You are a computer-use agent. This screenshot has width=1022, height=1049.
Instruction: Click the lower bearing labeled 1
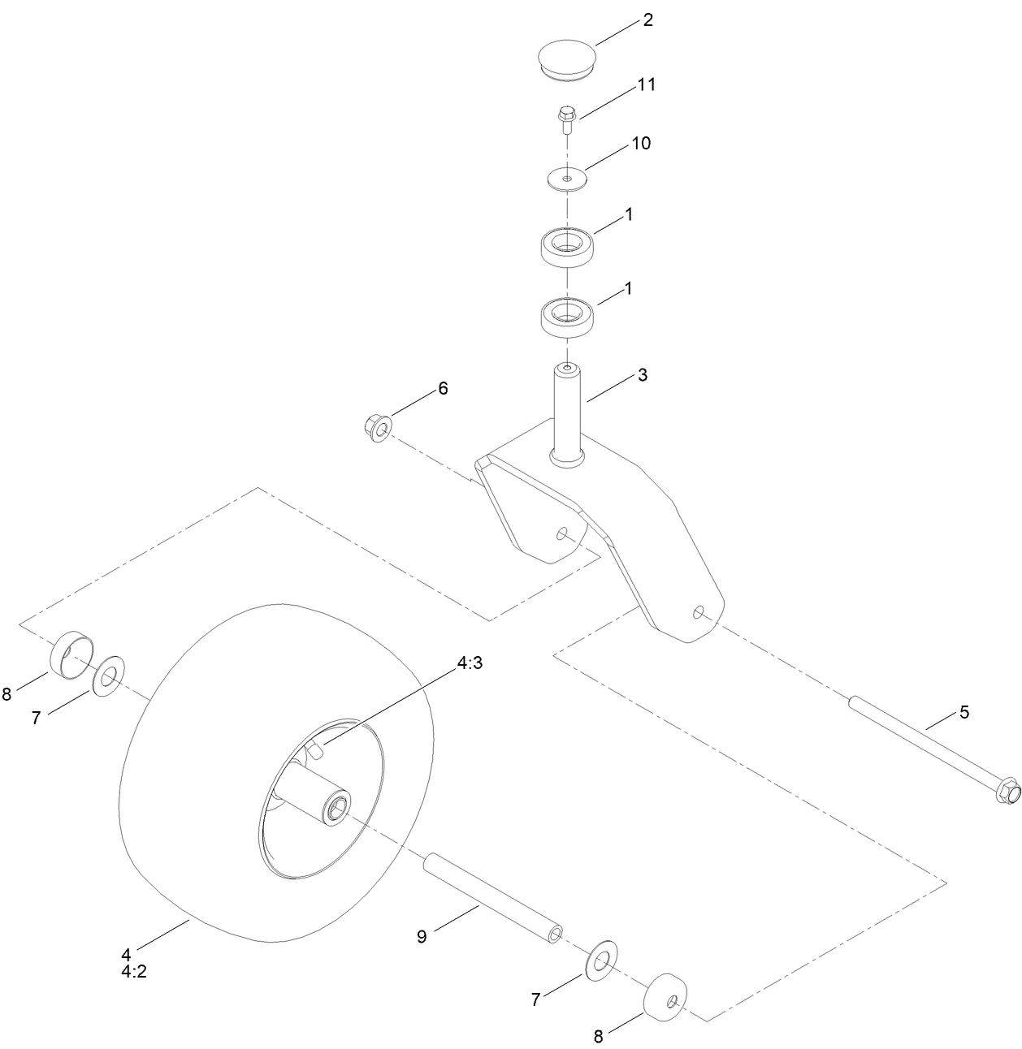point(568,316)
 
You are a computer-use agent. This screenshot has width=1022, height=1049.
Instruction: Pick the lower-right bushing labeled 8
point(666,994)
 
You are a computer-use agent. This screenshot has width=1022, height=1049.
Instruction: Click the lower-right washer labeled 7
point(602,961)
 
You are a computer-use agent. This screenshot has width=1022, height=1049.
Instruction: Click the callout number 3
point(642,375)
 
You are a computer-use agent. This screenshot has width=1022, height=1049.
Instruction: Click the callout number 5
point(964,712)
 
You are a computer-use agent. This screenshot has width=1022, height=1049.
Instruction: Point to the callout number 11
point(646,84)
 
